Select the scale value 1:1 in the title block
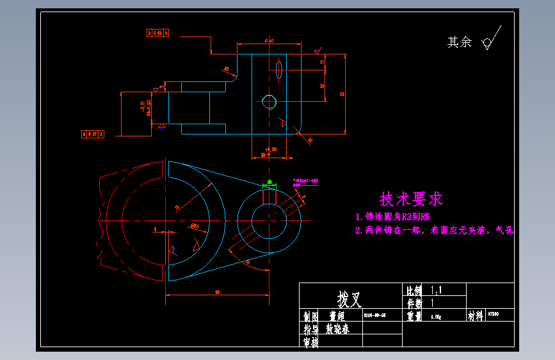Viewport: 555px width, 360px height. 437,290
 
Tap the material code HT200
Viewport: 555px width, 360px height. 492,315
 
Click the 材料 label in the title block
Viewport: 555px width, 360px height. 476,316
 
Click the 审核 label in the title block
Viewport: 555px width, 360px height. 310,341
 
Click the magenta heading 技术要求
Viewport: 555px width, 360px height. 411,199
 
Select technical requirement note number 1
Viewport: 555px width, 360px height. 397,217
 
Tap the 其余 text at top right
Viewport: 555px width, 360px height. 459,42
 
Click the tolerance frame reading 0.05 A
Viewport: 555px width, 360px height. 157,32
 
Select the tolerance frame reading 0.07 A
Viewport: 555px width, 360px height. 93,134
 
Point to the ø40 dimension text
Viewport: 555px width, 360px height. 269,41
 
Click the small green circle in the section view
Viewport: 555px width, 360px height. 269,101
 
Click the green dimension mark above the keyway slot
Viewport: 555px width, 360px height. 269,184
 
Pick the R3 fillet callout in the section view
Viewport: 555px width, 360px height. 226,69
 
